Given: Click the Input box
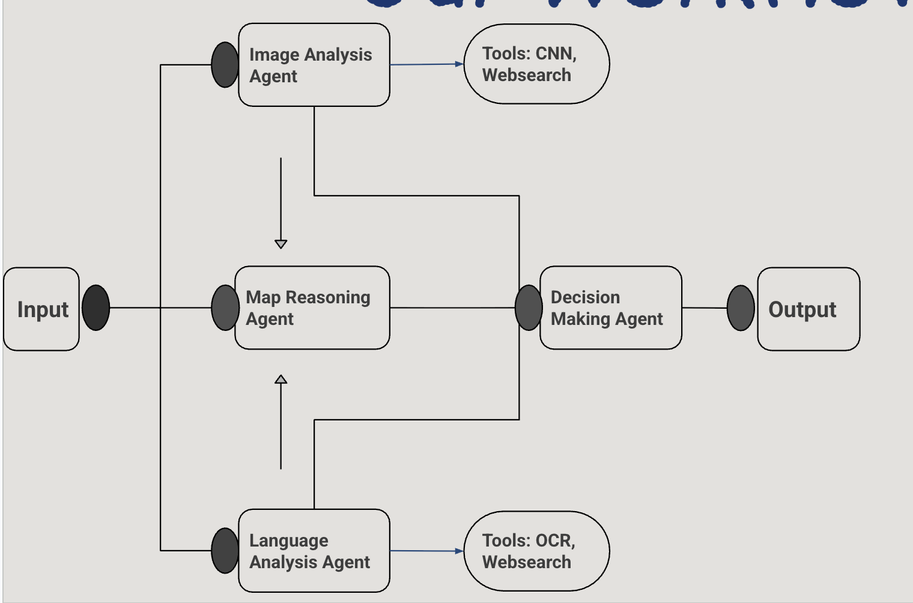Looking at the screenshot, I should tap(41, 309).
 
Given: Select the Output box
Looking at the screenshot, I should tap(808, 309).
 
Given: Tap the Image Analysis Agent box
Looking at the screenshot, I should tap(314, 65).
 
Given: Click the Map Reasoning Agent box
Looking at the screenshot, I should tap(312, 308).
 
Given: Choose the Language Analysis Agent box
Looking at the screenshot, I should tap(314, 551).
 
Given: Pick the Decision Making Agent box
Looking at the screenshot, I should tap(611, 308).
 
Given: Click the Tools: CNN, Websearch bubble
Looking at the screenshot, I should tap(536, 64).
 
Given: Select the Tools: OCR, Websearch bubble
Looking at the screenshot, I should tap(536, 551).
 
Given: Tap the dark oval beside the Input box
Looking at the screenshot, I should tap(96, 308).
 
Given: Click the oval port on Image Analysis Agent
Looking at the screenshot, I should tap(225, 65).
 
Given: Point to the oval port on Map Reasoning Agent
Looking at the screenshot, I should tap(225, 308).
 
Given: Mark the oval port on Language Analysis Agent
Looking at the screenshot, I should tap(225, 551).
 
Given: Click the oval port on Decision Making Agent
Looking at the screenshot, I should tap(529, 308).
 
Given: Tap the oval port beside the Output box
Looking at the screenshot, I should tap(741, 308).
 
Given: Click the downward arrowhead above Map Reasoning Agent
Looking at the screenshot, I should tap(281, 244).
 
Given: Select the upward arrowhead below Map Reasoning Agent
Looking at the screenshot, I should tap(281, 379).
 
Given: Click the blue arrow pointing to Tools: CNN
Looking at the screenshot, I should tap(426, 64).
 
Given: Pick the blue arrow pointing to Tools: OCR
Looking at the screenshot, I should tap(426, 551).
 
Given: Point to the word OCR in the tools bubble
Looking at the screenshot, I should tap(554, 541).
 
